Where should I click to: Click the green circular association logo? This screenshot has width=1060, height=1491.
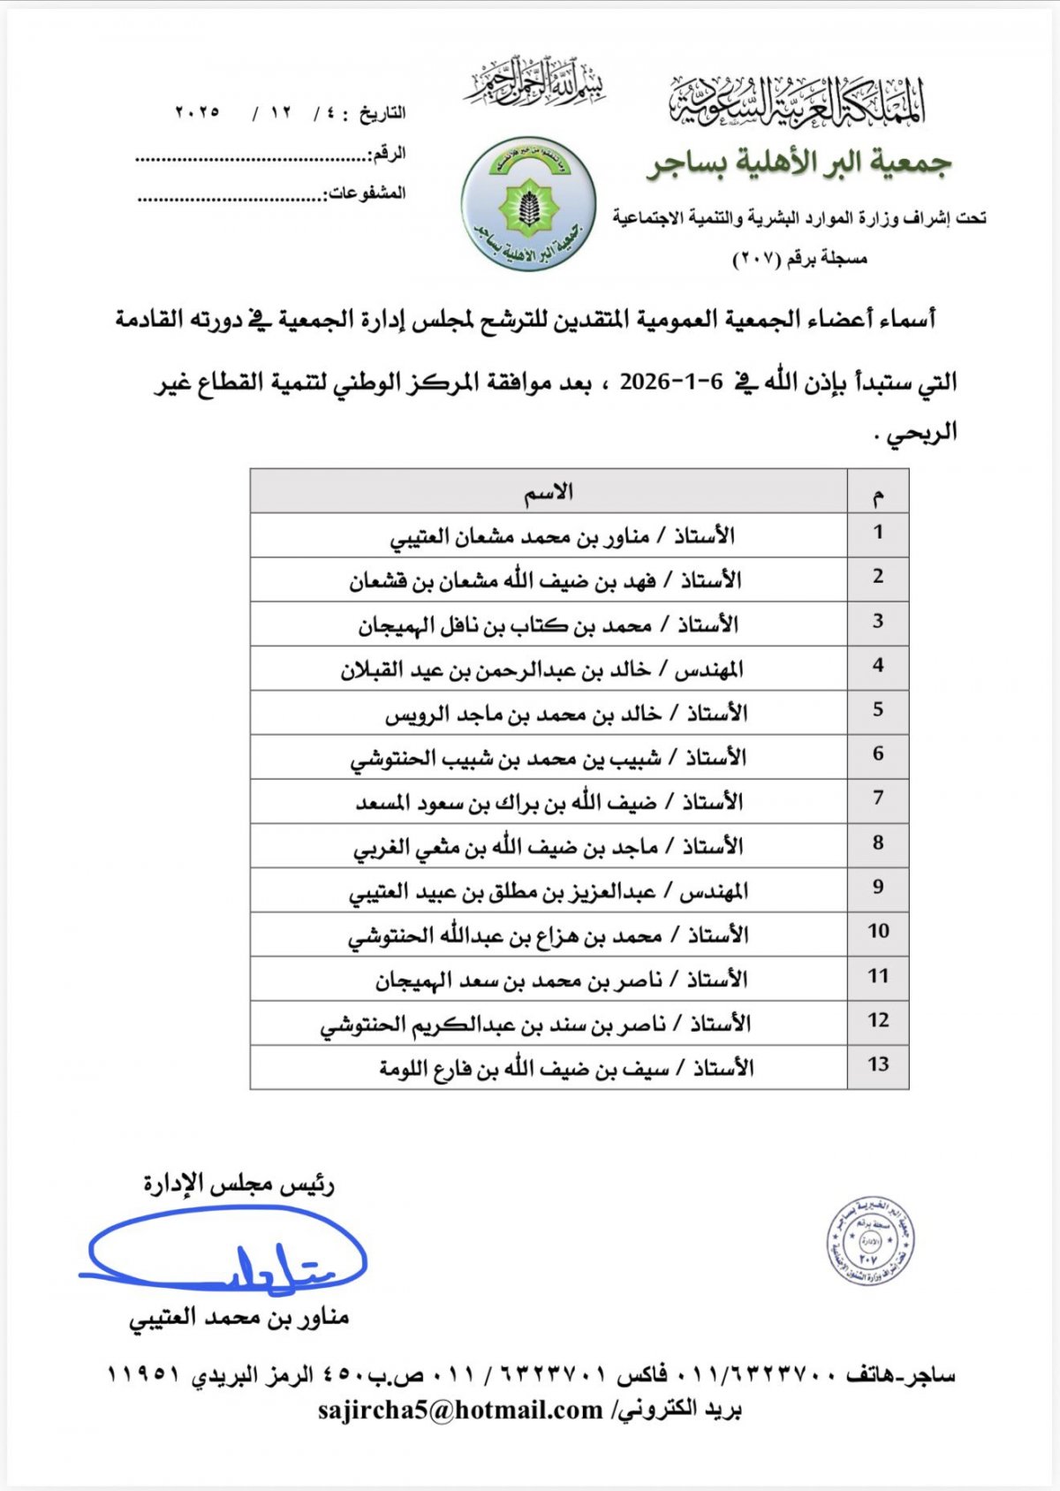tap(528, 203)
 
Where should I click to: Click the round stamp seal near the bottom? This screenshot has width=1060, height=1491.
tap(870, 1241)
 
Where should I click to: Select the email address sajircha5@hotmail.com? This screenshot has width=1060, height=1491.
tap(460, 1410)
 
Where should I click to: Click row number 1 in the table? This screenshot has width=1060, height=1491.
tap(877, 533)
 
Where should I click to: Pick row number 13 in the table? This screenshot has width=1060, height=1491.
tap(877, 1064)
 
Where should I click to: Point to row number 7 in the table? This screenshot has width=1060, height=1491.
tap(877, 798)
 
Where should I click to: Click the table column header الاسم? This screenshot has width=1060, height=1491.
tap(549, 492)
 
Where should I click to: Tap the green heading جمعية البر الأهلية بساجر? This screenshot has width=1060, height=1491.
tap(799, 164)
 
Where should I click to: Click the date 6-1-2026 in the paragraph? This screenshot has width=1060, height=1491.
tap(671, 382)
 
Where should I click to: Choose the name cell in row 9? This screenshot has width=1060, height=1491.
tap(549, 891)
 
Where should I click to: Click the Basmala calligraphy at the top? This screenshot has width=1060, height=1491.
tap(535, 84)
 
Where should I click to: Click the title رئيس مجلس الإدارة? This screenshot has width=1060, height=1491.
tap(239, 1184)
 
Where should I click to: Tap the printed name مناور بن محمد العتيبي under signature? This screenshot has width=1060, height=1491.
tap(239, 1318)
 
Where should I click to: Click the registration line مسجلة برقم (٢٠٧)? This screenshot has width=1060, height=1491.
tap(800, 259)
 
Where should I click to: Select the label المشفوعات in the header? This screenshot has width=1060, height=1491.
tap(367, 193)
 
